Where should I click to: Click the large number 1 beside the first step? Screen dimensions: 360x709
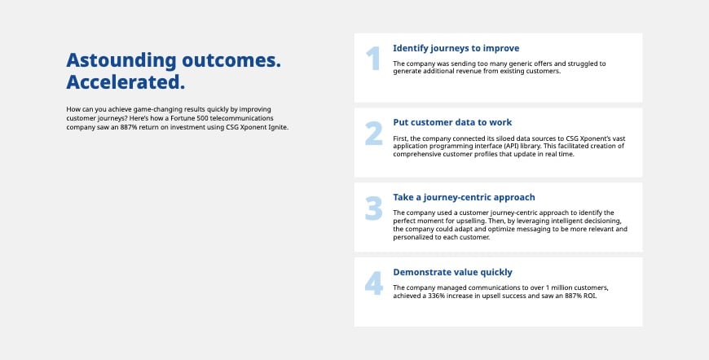(372, 59)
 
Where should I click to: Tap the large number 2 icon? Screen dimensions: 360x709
(373, 134)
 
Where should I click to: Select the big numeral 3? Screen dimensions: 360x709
(373, 209)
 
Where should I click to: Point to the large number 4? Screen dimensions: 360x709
(373, 283)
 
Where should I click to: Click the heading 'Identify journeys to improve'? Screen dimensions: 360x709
(456, 48)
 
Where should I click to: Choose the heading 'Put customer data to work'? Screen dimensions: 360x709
(452, 123)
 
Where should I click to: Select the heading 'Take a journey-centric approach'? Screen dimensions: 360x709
(464, 198)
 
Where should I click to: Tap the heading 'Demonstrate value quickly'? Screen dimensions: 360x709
(452, 273)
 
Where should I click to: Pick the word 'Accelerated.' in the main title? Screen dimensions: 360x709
(125, 82)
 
